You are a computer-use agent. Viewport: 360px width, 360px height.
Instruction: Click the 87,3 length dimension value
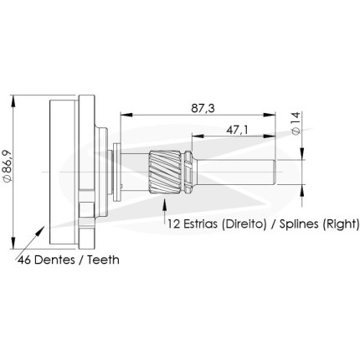point(203,108)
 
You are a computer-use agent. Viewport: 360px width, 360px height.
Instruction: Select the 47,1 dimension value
point(237,130)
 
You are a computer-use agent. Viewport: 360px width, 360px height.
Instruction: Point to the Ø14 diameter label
point(296,123)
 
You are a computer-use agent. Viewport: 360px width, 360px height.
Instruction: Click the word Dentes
point(54,260)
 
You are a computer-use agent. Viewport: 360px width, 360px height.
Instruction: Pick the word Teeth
point(103,260)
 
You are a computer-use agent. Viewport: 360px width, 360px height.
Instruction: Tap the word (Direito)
point(244,224)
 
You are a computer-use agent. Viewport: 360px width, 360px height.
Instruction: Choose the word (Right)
point(341,224)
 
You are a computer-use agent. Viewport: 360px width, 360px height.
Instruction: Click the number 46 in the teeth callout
point(24,260)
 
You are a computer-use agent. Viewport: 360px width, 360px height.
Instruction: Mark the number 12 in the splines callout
point(174,224)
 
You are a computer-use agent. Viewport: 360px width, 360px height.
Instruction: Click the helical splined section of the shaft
point(167,172)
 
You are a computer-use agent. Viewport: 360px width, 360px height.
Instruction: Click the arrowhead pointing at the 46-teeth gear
point(40,231)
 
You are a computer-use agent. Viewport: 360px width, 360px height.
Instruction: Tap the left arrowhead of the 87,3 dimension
point(126,115)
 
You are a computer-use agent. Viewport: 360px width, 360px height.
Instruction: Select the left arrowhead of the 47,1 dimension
point(198,136)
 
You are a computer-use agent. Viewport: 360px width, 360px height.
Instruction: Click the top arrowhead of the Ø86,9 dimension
point(13,101)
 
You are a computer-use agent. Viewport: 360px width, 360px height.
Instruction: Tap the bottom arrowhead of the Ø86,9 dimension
point(13,243)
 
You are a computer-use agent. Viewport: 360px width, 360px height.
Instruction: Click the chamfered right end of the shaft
point(275,172)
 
